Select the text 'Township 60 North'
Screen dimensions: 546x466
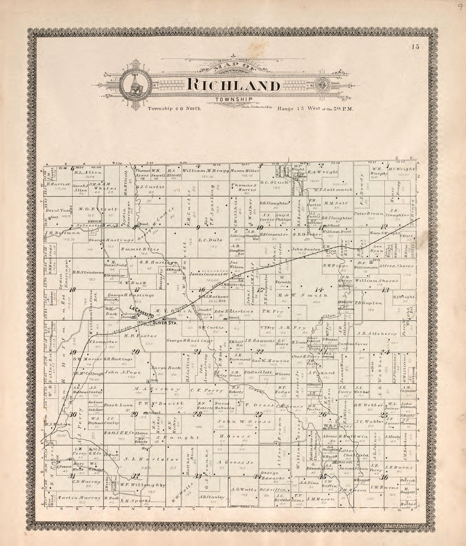(x=174, y=109)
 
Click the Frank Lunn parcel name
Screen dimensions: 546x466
(x=116, y=405)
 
